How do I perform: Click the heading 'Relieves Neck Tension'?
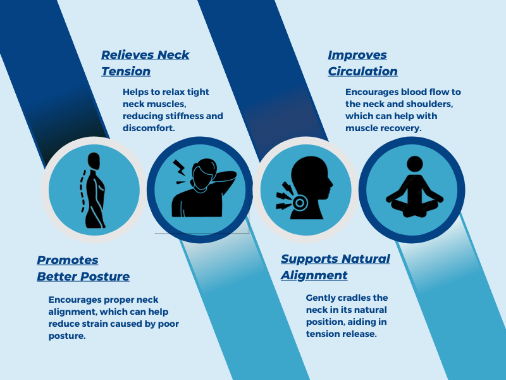pyautogui.click(x=145, y=63)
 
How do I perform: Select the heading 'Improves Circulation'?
pyautogui.click(x=362, y=63)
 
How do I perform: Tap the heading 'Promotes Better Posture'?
pyautogui.click(x=83, y=268)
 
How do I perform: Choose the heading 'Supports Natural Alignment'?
pyautogui.click(x=335, y=267)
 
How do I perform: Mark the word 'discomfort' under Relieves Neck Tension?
pyautogui.click(x=148, y=128)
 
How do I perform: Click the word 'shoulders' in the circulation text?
pyautogui.click(x=430, y=104)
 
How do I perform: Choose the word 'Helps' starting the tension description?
pyautogui.click(x=136, y=92)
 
